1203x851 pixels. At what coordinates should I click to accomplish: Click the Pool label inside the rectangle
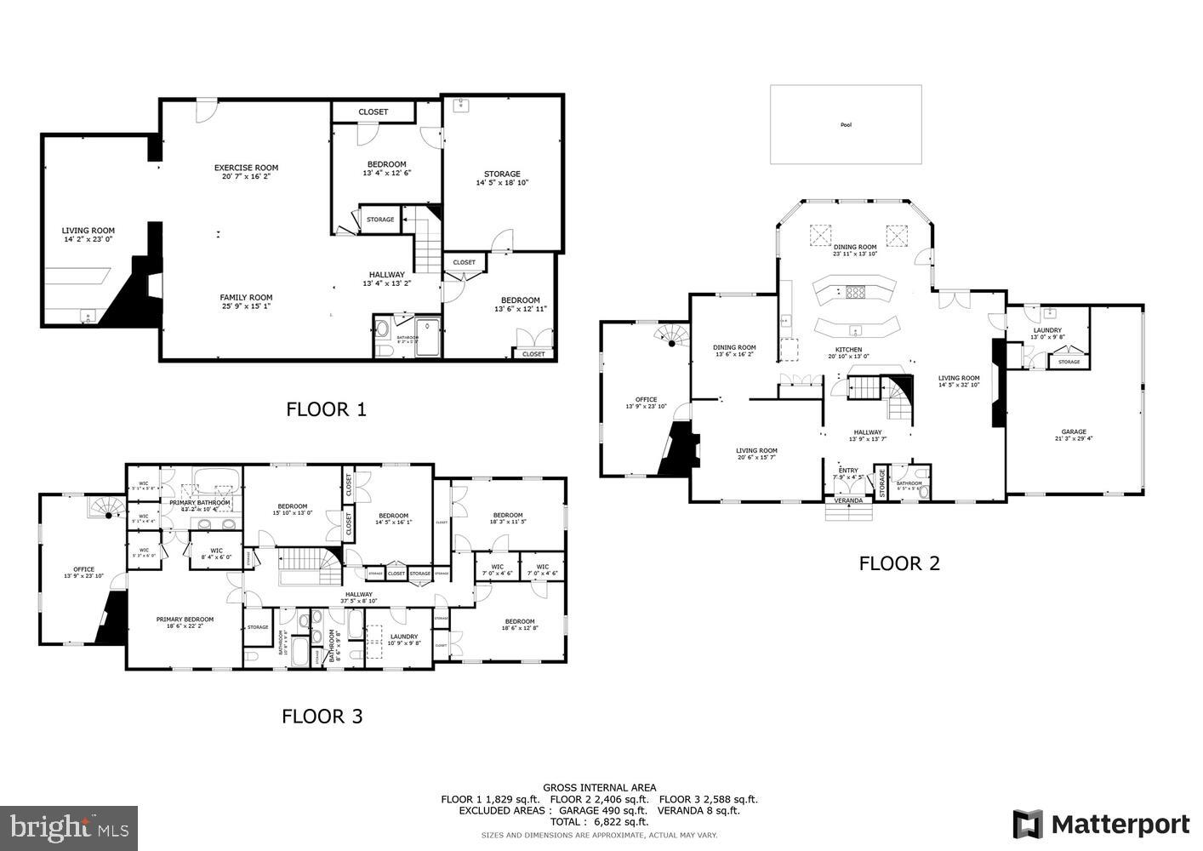click(x=846, y=125)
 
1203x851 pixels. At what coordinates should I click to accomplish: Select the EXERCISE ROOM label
click(x=246, y=168)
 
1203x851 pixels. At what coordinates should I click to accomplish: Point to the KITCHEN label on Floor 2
click(x=848, y=350)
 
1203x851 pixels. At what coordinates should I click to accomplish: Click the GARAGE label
click(x=1074, y=431)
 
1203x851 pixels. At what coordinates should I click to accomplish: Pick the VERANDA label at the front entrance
click(x=848, y=500)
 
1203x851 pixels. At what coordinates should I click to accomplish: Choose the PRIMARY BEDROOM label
click(x=185, y=620)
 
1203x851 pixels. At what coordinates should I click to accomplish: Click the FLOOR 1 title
click(x=326, y=409)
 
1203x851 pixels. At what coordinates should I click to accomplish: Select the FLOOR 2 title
click(x=899, y=563)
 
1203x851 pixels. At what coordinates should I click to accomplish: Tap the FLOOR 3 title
click(x=322, y=717)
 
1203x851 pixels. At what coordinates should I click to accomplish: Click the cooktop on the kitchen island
click(x=854, y=293)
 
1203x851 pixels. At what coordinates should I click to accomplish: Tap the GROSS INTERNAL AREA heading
click(x=600, y=788)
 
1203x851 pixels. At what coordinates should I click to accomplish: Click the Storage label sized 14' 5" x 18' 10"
click(x=502, y=174)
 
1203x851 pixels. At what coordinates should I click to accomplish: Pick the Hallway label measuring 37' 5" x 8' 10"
click(x=359, y=595)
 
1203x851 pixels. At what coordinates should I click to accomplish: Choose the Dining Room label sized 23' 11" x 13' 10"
click(x=854, y=247)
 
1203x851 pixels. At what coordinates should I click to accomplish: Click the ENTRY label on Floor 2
click(x=848, y=471)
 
